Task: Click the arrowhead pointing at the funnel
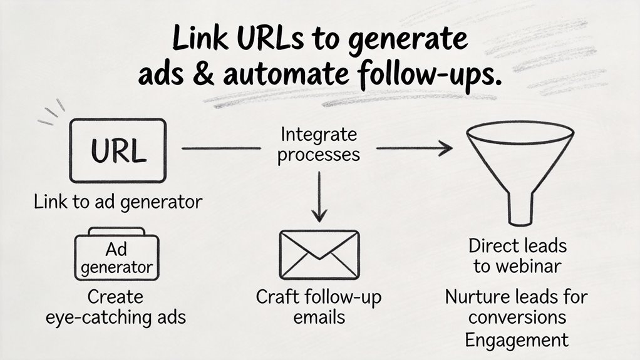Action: click(x=445, y=148)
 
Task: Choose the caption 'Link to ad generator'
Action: click(x=118, y=202)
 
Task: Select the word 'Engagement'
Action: click(x=517, y=340)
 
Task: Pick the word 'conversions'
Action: click(x=517, y=317)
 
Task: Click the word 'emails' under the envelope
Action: click(x=319, y=316)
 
